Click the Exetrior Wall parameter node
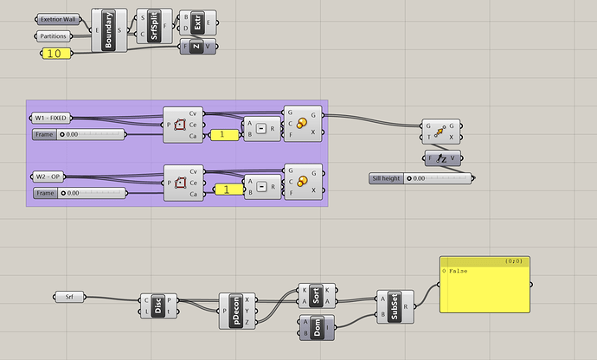(58, 19)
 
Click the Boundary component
(109, 32)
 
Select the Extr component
(196, 22)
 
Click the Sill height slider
(419, 178)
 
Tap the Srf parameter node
(70, 298)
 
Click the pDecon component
(236, 311)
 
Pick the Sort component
(316, 295)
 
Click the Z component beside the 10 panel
(196, 47)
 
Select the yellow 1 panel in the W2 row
(227, 190)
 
